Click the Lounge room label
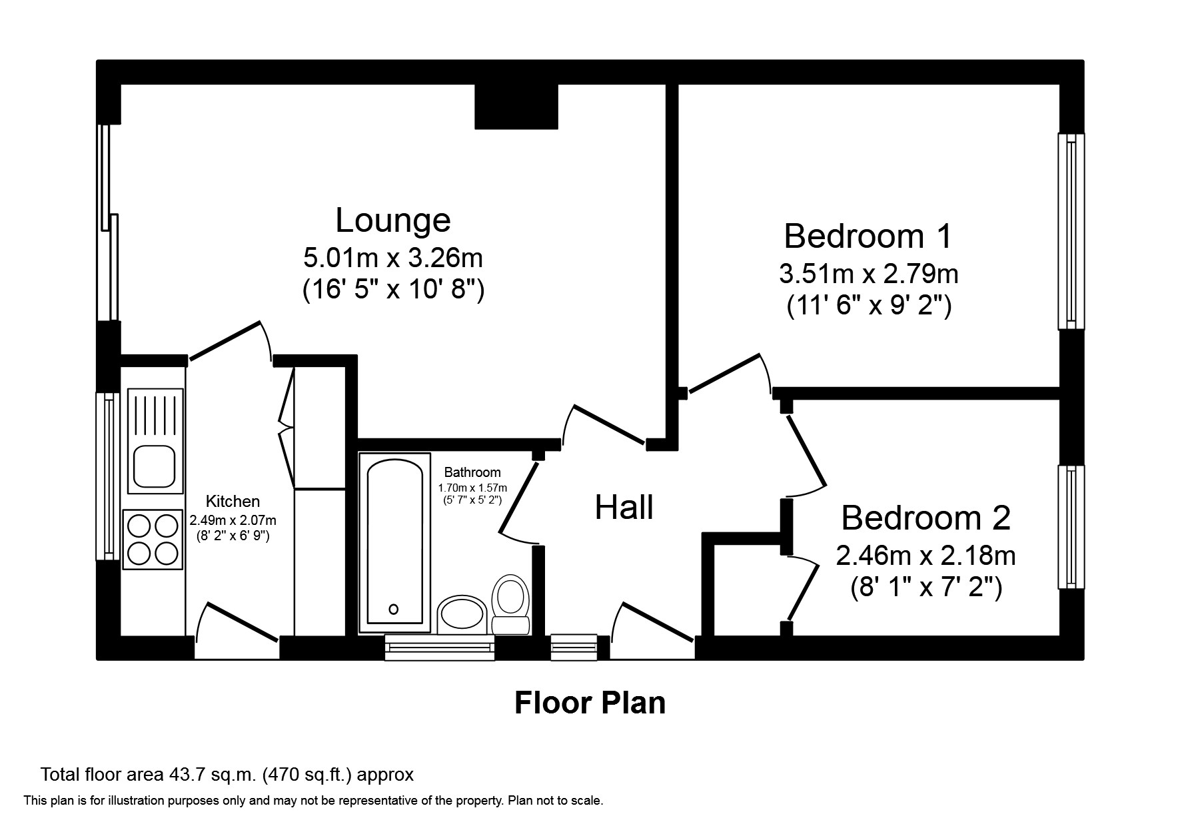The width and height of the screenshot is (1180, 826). (x=392, y=220)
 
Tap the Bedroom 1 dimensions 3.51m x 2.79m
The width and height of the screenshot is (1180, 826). (x=868, y=274)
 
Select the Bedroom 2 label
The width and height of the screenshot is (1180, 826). (x=925, y=518)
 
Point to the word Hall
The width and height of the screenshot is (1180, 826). (x=624, y=508)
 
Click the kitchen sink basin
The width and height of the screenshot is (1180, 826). (x=155, y=466)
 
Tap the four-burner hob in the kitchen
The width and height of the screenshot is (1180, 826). (x=153, y=540)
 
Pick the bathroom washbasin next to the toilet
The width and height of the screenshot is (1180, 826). (x=461, y=612)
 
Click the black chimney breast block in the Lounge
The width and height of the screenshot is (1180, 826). (x=516, y=107)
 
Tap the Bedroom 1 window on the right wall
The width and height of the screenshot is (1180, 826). (x=1071, y=231)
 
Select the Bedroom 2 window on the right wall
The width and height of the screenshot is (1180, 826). (x=1071, y=526)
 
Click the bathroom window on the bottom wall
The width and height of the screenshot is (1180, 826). (x=440, y=647)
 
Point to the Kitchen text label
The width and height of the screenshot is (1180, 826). (x=233, y=502)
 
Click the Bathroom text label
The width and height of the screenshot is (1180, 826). (x=472, y=472)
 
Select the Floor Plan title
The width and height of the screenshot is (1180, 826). (x=590, y=703)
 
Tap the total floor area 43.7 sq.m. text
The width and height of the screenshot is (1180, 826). (x=227, y=775)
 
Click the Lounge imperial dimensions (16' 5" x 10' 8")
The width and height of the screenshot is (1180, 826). (x=393, y=290)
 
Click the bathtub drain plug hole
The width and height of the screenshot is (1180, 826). (x=394, y=609)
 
